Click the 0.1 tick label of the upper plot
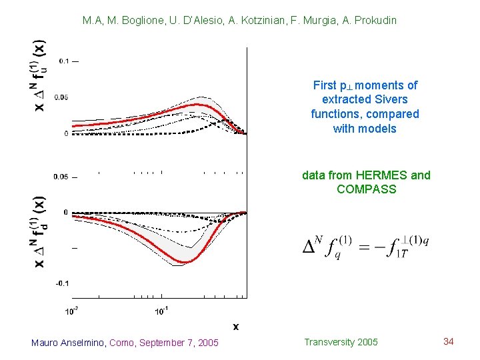coord(64,61)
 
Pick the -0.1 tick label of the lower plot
coord(63,283)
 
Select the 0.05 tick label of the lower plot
coord(61,177)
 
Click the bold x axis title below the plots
coord(236,327)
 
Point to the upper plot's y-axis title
coord(39,75)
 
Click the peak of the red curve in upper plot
coord(197,105)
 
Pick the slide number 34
coord(448,342)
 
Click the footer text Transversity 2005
coord(341,342)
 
